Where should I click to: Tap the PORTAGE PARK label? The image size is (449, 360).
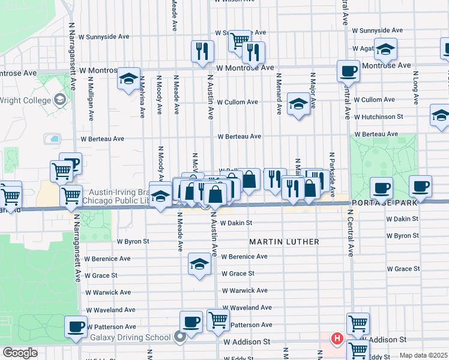(x=399, y=204)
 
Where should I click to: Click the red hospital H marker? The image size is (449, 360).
(x=337, y=339)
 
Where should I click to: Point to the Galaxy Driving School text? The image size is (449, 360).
(x=136, y=337)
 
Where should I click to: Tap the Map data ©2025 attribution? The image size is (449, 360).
(x=423, y=355)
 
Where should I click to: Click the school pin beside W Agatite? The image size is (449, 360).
(x=385, y=50)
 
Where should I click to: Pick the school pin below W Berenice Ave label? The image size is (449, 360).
(x=199, y=264)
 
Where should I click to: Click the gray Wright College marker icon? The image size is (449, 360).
(x=60, y=99)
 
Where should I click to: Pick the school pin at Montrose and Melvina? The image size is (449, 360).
(x=128, y=79)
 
